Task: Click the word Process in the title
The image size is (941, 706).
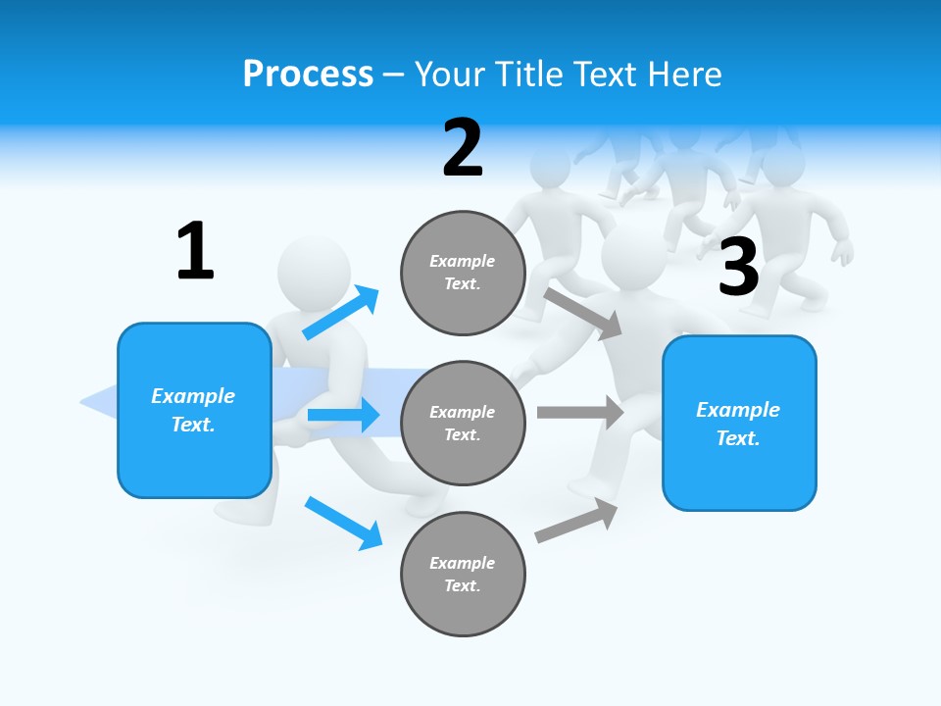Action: click(308, 75)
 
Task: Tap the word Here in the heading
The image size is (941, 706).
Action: click(684, 75)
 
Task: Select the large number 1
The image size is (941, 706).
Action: click(195, 251)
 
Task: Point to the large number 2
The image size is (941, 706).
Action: click(463, 148)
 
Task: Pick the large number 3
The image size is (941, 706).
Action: click(738, 268)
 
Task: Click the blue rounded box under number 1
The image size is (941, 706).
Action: click(194, 410)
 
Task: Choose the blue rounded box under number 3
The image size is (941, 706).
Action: click(739, 423)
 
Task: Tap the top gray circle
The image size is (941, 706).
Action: click(463, 273)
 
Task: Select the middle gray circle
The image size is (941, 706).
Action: click(463, 423)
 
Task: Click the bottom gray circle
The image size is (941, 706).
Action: click(463, 574)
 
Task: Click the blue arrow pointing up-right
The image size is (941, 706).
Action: click(341, 312)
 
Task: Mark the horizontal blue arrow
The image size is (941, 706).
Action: click(343, 415)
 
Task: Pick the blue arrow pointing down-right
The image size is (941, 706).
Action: click(343, 523)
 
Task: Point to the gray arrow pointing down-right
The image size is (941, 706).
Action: click(584, 314)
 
